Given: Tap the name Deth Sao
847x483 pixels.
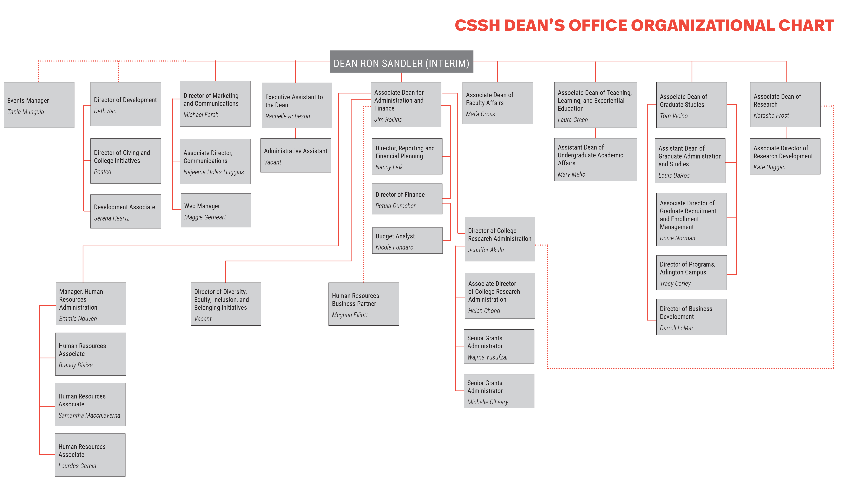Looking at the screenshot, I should [x=105, y=111].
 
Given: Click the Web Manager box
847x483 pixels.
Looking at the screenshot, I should [x=216, y=210].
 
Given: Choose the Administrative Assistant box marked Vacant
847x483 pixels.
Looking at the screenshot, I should [x=295, y=155].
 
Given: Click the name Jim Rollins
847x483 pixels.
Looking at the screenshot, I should [x=388, y=119].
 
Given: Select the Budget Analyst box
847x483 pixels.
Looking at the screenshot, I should [x=407, y=241].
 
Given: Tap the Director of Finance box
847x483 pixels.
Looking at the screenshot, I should [x=407, y=199].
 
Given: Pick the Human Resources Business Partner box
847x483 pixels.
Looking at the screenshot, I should [x=363, y=304].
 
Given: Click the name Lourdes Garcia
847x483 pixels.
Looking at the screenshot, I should [x=77, y=466].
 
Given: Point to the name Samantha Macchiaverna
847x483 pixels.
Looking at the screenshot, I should [x=89, y=415].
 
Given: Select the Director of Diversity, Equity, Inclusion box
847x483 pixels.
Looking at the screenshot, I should [x=226, y=304].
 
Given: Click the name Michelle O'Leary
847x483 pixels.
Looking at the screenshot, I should [x=487, y=402].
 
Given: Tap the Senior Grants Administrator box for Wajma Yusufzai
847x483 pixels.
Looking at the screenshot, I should [x=499, y=346].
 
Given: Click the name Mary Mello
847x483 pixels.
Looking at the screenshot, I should [x=571, y=174].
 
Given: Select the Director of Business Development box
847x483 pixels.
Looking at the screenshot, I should [x=691, y=317].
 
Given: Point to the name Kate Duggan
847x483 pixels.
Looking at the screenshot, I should [x=769, y=167].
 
